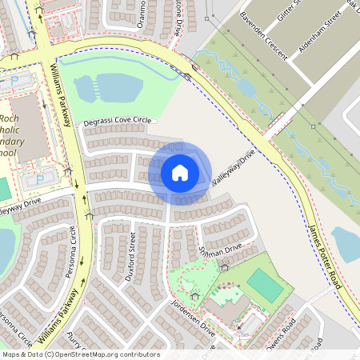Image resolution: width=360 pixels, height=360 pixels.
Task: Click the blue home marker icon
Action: point(180,172)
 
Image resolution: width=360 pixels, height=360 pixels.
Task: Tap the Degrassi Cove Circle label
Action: point(117,121)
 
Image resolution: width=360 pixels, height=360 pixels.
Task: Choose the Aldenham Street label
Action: point(320,33)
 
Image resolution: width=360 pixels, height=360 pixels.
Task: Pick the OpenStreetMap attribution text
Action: point(80,354)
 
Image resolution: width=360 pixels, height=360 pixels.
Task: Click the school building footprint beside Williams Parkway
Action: point(30,128)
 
